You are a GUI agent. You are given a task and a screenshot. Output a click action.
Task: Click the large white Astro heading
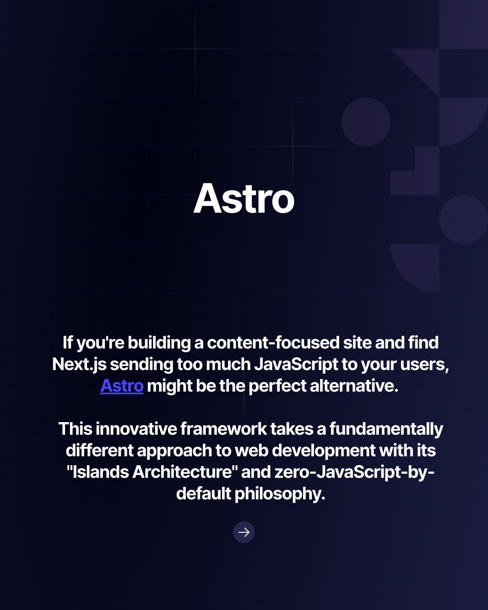coord(244,198)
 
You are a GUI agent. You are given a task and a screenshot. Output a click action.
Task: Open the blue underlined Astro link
coord(122,386)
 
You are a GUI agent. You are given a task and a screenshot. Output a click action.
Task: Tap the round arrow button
coord(244,532)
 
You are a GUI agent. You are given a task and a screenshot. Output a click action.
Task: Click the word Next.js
coord(79,365)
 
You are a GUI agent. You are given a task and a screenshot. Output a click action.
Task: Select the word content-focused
coord(273,342)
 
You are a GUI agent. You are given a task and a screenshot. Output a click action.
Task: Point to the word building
coord(159,343)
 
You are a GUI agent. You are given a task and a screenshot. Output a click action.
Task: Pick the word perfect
coord(277,386)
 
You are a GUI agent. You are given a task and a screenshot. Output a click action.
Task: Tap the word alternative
coord(354,386)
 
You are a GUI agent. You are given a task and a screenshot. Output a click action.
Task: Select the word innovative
coord(136,429)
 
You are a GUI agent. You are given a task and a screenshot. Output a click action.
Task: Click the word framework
coord(223,429)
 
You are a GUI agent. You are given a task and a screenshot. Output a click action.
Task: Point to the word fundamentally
coord(386,429)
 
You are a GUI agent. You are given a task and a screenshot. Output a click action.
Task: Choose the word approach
coord(174,451)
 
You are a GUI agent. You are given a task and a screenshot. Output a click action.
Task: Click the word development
coord(324,451)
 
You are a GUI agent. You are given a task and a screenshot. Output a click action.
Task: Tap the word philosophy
coord(280,495)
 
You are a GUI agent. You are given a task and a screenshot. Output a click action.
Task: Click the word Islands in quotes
coord(101,472)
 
